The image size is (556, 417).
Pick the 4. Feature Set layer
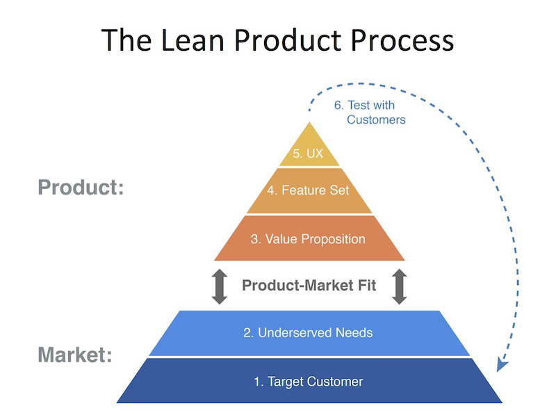(309, 190)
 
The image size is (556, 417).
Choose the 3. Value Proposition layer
(309, 239)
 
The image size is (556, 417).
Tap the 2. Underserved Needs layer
(308, 333)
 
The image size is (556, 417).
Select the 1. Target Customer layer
(308, 381)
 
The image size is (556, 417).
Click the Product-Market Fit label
(309, 285)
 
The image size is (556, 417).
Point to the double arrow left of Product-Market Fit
(220, 286)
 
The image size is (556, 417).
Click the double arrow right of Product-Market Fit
(399, 286)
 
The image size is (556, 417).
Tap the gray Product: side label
(81, 188)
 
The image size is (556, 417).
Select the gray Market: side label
(75, 355)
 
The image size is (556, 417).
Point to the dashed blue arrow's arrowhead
(500, 366)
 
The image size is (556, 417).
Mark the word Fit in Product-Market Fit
(367, 285)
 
